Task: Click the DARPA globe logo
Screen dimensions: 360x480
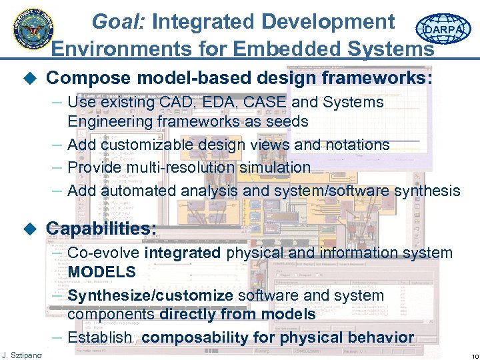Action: tap(447, 29)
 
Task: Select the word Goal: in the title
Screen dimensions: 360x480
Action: tap(119, 21)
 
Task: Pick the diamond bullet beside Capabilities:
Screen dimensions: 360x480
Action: tap(28, 229)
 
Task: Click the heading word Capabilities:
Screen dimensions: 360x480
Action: tap(101, 229)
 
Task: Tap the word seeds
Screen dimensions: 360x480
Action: tap(285, 121)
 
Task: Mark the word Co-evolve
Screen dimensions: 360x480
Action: tap(103, 253)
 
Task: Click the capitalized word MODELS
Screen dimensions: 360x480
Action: tap(101, 272)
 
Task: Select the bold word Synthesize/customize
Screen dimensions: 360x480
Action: tap(150, 295)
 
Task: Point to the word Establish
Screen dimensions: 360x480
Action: tap(100, 338)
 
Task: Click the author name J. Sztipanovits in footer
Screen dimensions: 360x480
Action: tap(21, 353)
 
